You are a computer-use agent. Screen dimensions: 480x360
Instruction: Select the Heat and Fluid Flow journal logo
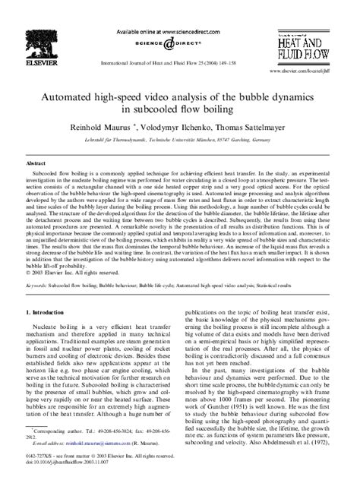pyautogui.click(x=317, y=34)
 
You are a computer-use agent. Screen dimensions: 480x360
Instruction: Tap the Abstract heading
pyautogui.click(x=37, y=163)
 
